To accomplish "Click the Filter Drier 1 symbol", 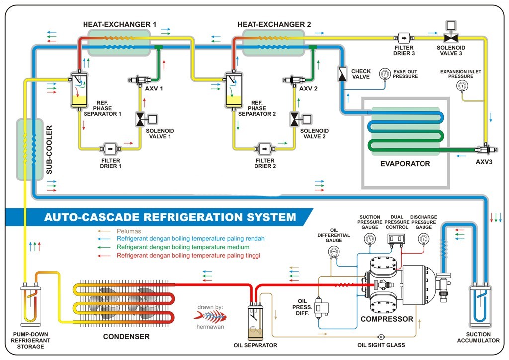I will pos(109,149).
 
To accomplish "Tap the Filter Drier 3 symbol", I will pos(403,38).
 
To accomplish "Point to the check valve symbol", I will pos(342,74).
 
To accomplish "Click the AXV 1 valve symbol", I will pos(136,80).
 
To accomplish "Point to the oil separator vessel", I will pos(254,320).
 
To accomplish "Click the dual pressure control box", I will pos(396,239).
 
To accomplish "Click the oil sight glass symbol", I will pos(381,337).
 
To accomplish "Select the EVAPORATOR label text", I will pos(405,163).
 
